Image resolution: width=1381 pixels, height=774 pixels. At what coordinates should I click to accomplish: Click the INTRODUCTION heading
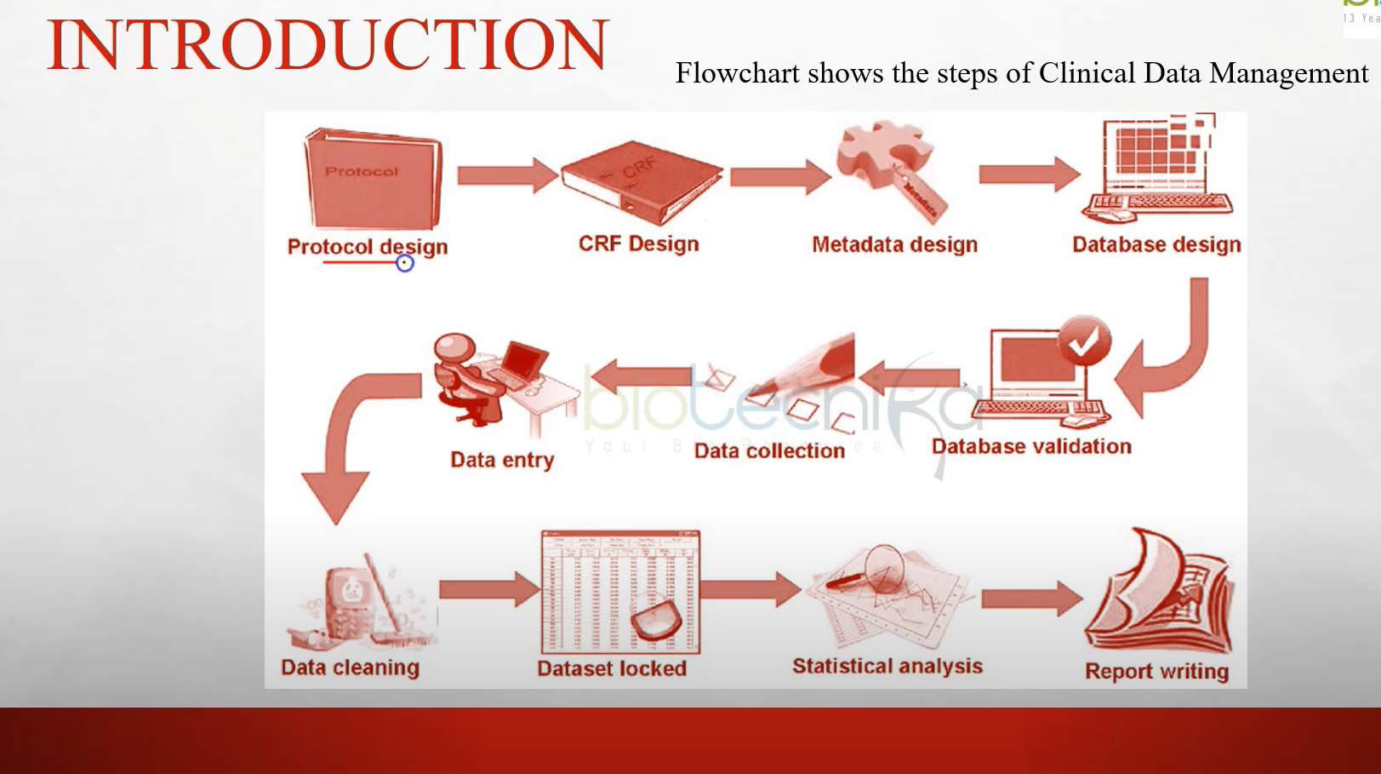point(328,44)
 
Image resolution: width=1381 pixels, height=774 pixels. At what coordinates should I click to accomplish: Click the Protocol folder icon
point(372,179)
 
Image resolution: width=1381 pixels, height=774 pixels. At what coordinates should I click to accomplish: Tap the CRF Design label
point(638,244)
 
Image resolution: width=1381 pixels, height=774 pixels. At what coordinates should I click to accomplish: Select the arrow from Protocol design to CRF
point(505,175)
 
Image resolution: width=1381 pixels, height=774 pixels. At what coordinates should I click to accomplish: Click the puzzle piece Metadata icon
point(885,162)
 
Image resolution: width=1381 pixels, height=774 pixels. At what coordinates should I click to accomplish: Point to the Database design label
point(1156,244)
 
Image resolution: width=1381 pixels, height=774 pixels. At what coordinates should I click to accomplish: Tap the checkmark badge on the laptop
point(1083,342)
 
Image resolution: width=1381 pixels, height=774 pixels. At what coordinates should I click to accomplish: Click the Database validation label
point(1031,446)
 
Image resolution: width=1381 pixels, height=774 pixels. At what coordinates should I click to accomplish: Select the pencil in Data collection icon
point(808,370)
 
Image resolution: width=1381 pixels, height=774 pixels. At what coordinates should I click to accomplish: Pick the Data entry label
point(502,460)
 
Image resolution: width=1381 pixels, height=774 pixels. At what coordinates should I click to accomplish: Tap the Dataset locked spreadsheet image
point(619,592)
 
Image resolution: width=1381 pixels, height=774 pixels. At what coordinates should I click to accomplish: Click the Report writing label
point(1156,671)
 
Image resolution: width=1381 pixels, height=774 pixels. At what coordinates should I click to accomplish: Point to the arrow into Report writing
point(1030,599)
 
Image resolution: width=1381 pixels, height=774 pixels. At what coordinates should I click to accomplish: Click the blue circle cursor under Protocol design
point(405,263)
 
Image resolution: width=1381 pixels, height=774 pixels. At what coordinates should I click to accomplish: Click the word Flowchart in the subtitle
point(737,73)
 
